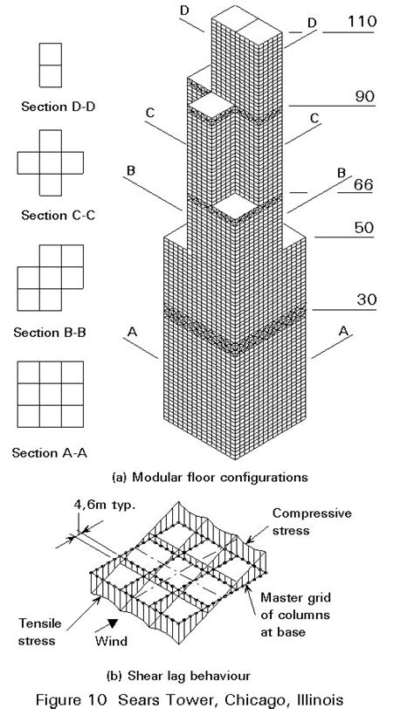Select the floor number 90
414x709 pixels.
360,97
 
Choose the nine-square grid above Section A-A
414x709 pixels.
52,398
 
